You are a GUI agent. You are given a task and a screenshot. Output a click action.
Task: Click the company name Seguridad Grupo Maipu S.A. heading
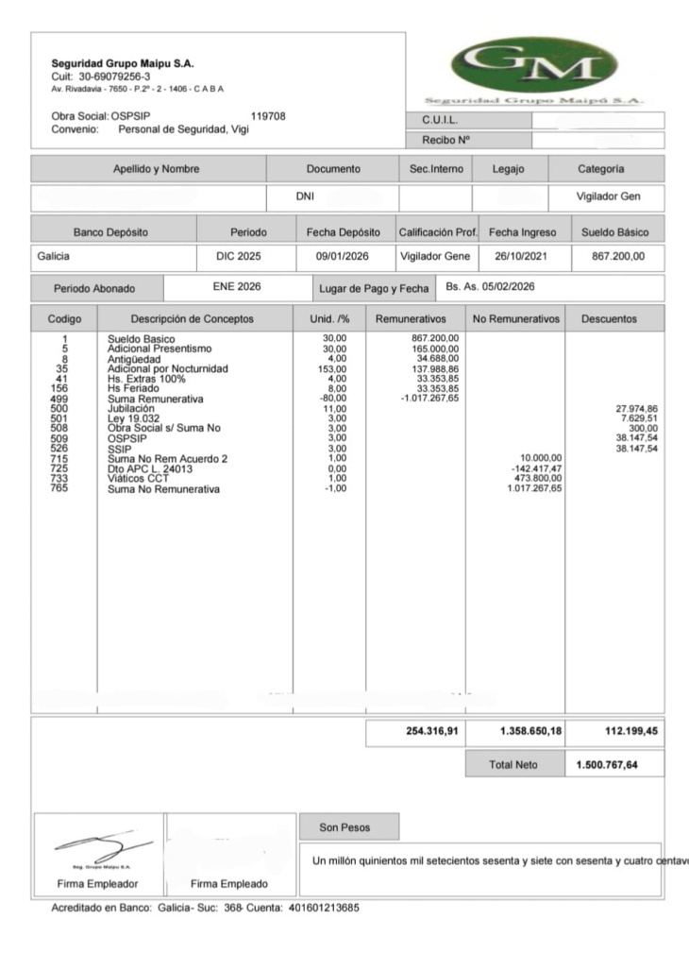[123, 63]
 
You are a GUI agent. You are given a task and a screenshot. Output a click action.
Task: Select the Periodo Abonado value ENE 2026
[236, 286]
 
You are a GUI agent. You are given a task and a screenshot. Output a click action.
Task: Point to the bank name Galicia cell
[55, 256]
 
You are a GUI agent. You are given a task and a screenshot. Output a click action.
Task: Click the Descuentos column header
[609, 319]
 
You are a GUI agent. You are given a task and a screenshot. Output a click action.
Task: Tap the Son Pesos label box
[348, 827]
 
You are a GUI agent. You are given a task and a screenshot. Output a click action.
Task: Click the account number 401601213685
[323, 908]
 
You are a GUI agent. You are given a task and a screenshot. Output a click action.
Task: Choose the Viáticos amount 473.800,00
[534, 480]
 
